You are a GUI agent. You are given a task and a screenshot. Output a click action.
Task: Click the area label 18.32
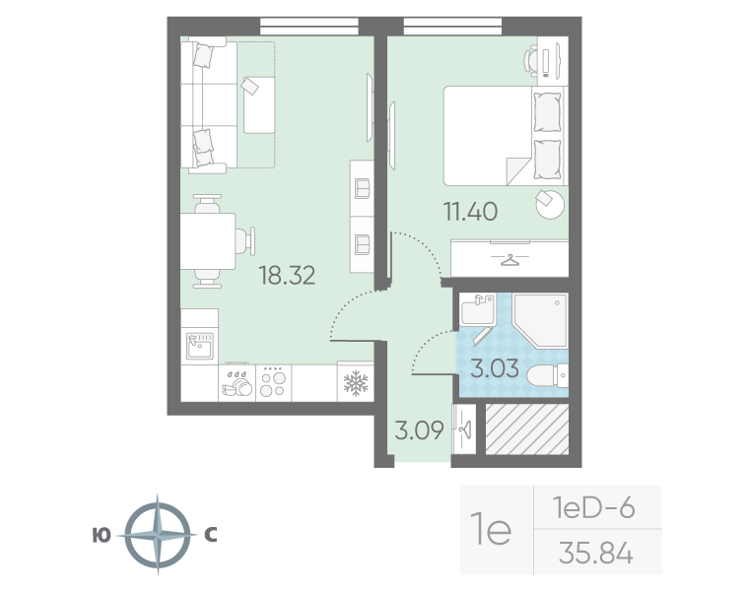click(287, 276)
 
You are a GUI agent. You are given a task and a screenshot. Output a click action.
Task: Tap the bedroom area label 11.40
click(470, 212)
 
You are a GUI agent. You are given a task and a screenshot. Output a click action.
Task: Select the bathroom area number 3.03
click(495, 368)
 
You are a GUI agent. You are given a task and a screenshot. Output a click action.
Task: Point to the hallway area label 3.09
click(420, 430)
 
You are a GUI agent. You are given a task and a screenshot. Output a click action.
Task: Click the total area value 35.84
click(596, 554)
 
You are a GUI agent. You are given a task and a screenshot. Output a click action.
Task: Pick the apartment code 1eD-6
click(593, 507)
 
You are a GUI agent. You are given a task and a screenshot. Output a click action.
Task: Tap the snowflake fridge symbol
click(356, 383)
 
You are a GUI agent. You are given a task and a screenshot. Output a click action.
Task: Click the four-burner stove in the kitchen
click(273, 383)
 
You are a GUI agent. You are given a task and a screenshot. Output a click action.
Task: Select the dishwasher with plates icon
click(237, 383)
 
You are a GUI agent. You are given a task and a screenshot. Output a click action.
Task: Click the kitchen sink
click(200, 346)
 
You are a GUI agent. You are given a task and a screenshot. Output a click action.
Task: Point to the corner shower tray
click(541, 320)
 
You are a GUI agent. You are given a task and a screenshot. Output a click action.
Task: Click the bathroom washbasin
click(478, 310)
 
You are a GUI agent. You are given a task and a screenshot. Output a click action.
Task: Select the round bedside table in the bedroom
click(550, 205)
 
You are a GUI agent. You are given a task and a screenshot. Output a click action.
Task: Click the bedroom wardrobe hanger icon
click(511, 261)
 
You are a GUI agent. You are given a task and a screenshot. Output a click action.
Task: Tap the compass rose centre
click(158, 535)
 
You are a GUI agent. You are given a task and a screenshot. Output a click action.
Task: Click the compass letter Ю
click(102, 535)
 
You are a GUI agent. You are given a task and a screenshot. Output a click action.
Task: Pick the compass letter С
click(211, 535)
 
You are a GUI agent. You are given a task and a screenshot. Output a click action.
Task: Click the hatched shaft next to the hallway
click(527, 429)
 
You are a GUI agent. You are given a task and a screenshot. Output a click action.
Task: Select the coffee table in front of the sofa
click(259, 105)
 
